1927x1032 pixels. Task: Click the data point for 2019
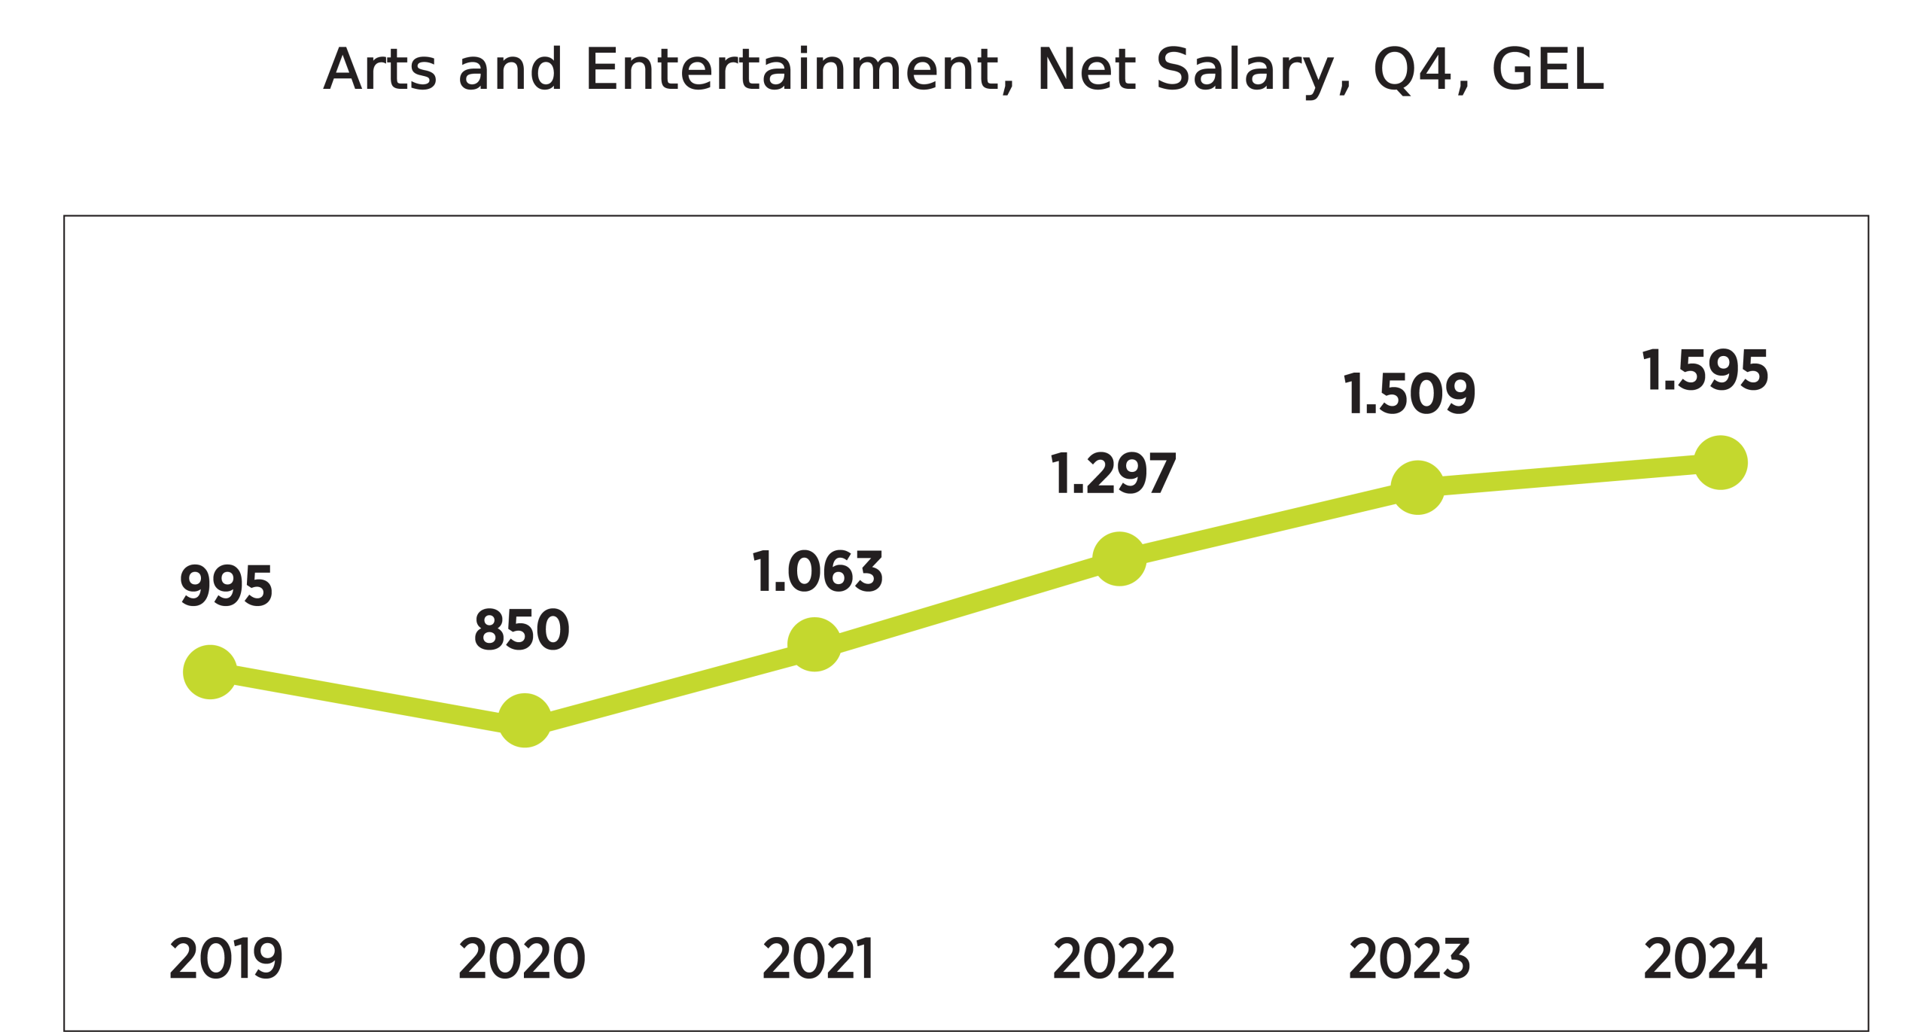[210, 672]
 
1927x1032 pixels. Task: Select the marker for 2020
[525, 720]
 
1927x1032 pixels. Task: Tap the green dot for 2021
[814, 644]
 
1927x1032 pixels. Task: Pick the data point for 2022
[1119, 559]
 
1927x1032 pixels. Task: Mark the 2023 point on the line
[1418, 488]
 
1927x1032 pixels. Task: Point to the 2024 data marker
[1721, 463]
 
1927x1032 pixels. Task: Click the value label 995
[226, 586]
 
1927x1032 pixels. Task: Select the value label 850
[522, 629]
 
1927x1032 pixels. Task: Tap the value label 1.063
[817, 571]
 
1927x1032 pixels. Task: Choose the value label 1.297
[1113, 474]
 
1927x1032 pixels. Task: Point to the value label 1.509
[1409, 394]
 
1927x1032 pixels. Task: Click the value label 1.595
[1705, 370]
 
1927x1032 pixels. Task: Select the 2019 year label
[226, 959]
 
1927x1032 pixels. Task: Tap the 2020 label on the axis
[522, 959]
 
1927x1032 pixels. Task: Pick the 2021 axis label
[817, 959]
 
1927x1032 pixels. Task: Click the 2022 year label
[1113, 959]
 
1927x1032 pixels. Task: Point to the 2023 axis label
[1409, 959]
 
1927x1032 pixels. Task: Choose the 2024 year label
[1705, 959]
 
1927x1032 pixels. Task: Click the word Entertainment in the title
[799, 70]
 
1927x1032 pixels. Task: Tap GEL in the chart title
[1548, 70]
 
